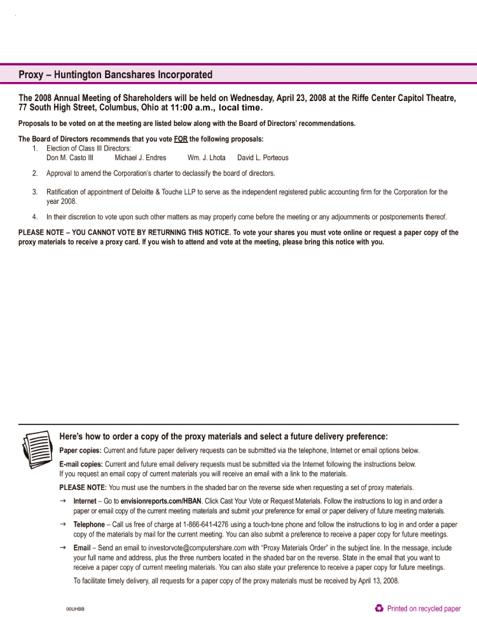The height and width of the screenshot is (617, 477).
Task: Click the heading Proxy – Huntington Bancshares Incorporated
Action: [x=115, y=74]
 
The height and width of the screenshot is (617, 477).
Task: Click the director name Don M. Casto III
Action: [x=70, y=158]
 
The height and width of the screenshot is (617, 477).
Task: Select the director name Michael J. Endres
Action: [x=140, y=158]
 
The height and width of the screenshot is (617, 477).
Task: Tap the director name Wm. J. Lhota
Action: [x=206, y=158]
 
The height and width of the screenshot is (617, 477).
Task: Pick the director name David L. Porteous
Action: [x=263, y=158]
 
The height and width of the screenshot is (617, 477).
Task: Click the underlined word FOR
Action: [x=181, y=139]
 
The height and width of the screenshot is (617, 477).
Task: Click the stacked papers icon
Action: [x=36, y=449]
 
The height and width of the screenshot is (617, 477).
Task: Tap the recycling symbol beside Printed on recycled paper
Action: [x=379, y=608]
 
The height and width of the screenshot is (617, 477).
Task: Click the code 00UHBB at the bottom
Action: [x=75, y=609]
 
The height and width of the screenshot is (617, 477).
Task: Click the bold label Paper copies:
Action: [x=80, y=451]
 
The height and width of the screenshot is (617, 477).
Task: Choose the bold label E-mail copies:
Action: [x=81, y=464]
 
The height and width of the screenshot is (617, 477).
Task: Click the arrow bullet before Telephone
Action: [x=63, y=524]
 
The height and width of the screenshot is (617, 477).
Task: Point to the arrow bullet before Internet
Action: [x=63, y=501]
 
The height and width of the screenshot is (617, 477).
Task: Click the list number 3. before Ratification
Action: [x=35, y=192]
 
